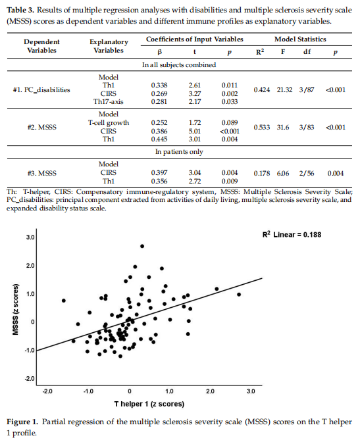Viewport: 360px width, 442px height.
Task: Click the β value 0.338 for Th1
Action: (x=159, y=85)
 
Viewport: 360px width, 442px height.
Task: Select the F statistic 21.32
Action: (x=284, y=89)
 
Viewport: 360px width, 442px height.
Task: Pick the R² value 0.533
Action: (x=261, y=127)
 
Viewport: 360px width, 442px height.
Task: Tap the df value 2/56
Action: (x=307, y=173)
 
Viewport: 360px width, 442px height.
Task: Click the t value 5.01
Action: (x=195, y=131)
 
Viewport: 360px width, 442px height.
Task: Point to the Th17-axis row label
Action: (x=109, y=101)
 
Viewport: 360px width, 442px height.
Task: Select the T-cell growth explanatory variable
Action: (x=109, y=122)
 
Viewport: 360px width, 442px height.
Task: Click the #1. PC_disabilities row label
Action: (x=41, y=89)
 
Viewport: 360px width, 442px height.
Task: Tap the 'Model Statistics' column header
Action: (x=300, y=39)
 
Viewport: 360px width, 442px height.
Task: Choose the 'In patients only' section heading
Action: (x=179, y=152)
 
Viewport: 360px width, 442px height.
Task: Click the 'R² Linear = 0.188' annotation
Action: (x=292, y=235)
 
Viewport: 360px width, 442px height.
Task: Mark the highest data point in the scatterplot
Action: (x=142, y=246)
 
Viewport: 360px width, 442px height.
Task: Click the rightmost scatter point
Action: (x=239, y=294)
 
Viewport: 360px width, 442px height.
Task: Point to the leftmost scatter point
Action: (x=64, y=301)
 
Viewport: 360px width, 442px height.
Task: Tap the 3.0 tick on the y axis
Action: (x=30, y=237)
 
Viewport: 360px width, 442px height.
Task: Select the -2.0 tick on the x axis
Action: (x=47, y=391)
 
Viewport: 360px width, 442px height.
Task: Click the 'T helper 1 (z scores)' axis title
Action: (x=149, y=404)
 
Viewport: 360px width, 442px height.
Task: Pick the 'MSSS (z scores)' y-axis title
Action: (x=16, y=309)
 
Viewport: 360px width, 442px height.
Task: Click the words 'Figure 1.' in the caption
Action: (x=22, y=422)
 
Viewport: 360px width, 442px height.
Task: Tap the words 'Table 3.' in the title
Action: (x=20, y=10)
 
